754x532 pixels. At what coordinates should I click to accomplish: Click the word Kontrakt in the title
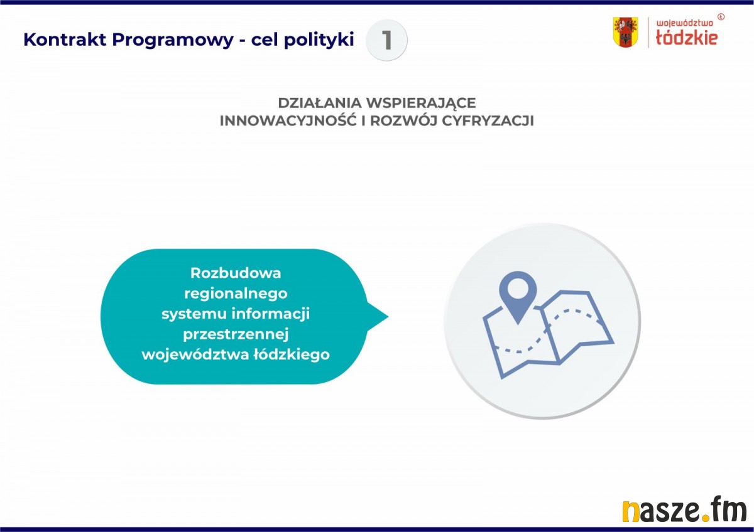65,40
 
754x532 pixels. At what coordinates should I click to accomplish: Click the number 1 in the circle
387,40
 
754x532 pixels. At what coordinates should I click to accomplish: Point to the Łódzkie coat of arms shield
625,32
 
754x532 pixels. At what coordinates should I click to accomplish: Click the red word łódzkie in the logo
687,38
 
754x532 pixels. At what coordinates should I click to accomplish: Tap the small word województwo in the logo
684,23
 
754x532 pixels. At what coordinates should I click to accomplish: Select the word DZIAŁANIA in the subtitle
319,103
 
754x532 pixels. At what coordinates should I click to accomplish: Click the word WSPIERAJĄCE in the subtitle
421,104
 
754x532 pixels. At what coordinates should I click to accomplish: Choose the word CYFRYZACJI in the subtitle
488,121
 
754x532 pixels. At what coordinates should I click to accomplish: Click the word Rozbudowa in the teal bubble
236,273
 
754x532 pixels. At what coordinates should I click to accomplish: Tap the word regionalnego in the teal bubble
236,294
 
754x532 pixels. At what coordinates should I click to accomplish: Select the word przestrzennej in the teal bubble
236,335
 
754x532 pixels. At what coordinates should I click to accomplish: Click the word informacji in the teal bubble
270,314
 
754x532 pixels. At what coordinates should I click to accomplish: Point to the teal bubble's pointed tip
388,316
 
